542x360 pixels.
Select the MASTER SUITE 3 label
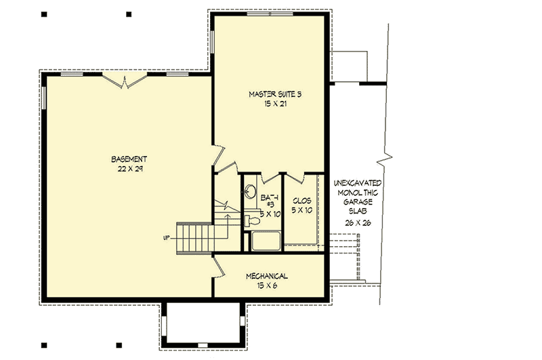click(274, 95)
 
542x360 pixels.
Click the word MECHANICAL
click(266, 276)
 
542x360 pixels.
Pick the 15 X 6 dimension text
click(266, 285)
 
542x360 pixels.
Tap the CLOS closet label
click(301, 201)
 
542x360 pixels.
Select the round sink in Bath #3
click(249, 191)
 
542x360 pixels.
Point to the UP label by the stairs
click(165, 238)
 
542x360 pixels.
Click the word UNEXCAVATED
click(358, 184)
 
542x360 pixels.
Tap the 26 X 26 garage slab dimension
click(358, 222)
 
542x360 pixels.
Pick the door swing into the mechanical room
click(219, 266)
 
